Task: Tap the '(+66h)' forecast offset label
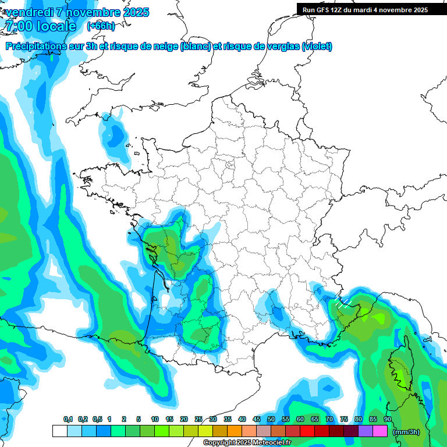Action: coord(101,26)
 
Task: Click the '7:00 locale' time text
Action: coord(40,26)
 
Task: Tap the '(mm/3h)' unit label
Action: coord(407,431)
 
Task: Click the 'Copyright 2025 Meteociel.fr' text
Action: coord(247,443)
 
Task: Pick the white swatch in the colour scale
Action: coord(59,431)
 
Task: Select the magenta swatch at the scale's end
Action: coord(380,431)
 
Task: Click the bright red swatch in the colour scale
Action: coord(307,431)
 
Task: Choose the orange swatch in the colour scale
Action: coord(235,431)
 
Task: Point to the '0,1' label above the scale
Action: coord(68,420)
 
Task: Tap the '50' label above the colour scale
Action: coord(271,420)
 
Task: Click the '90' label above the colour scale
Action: coord(388,420)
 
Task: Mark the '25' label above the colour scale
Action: coord(198,420)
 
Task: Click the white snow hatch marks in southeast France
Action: coord(342,303)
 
